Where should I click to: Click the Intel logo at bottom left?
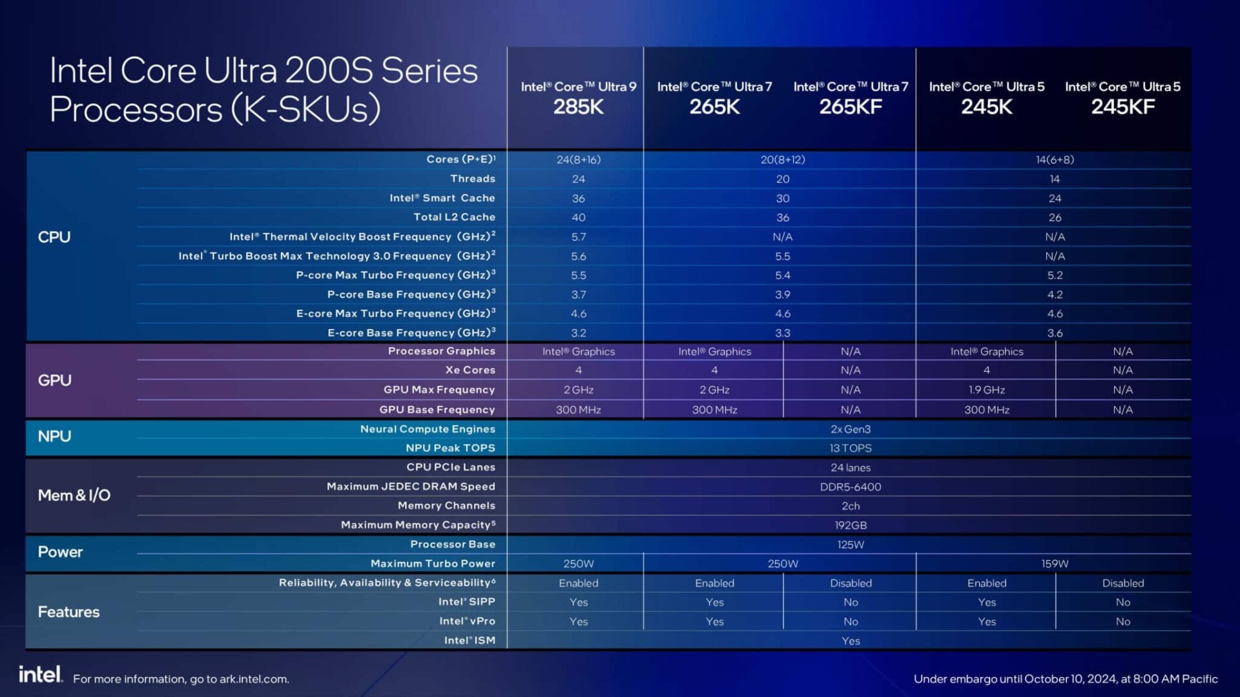pyautogui.click(x=40, y=674)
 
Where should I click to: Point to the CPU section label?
pyautogui.click(x=54, y=237)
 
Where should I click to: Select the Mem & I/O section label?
pyautogui.click(x=74, y=495)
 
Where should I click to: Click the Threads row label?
pyautogui.click(x=473, y=179)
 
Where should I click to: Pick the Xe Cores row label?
pyautogui.click(x=470, y=370)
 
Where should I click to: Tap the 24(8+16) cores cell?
pyautogui.click(x=578, y=159)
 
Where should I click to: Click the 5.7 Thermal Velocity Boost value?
pyautogui.click(x=578, y=237)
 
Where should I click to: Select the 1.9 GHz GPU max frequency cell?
pyautogui.click(x=986, y=390)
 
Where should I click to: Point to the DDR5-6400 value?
pyautogui.click(x=850, y=487)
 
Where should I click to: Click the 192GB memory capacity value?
pyautogui.click(x=850, y=525)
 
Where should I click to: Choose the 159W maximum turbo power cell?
pyautogui.click(x=1054, y=563)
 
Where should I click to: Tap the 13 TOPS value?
pyautogui.click(x=850, y=448)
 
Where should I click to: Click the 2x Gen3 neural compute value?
pyautogui.click(x=850, y=429)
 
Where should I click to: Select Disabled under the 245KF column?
pyautogui.click(x=1122, y=583)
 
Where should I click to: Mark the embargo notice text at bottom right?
pyautogui.click(x=1065, y=679)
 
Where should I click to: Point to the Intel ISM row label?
pyautogui.click(x=470, y=640)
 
